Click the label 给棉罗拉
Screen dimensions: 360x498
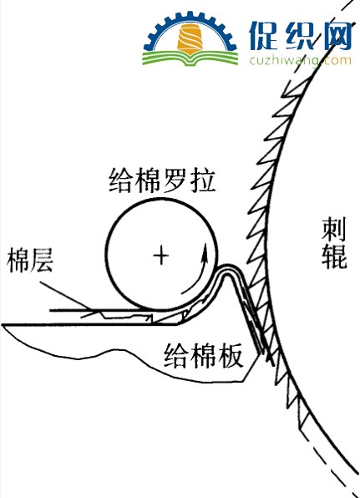coord(162,180)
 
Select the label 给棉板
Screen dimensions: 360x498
coord(204,355)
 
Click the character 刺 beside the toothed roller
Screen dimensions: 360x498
coord(333,230)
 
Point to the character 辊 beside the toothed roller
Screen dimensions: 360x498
coord(333,257)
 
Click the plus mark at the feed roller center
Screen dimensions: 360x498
coord(161,256)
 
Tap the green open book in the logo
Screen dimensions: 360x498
coord(190,58)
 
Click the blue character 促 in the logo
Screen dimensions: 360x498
coord(263,36)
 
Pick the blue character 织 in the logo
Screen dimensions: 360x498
coord(299,36)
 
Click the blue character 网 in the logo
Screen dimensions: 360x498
coord(335,36)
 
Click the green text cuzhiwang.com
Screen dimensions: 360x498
coord(301,60)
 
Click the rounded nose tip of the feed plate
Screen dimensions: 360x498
coord(227,267)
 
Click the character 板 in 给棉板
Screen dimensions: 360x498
coord(231,355)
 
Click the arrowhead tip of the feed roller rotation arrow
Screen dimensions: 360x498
coord(205,243)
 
